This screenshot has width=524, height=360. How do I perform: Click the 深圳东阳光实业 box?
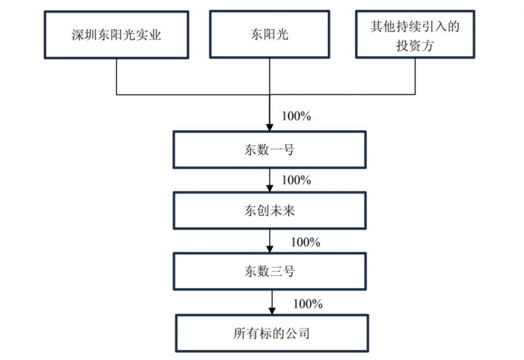(116, 35)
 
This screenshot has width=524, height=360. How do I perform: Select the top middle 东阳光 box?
(269, 34)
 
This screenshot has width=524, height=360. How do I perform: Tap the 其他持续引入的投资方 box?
(415, 34)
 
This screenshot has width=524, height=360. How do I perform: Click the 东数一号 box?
(269, 150)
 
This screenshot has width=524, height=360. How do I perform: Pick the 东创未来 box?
(269, 210)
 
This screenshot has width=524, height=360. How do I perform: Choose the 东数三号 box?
(269, 271)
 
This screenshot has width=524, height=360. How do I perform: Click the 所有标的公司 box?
(272, 333)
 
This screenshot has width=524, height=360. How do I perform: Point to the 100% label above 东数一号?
(296, 116)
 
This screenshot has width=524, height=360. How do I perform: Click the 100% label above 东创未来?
(296, 180)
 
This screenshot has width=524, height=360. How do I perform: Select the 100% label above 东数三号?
(305, 242)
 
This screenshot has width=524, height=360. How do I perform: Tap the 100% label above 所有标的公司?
(308, 304)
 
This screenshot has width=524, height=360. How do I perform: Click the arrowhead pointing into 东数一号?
(269, 127)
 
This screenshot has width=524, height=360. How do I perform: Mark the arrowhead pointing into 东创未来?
(269, 188)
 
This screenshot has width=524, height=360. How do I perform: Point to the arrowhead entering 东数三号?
(269, 249)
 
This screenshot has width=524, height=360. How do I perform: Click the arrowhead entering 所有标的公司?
(272, 311)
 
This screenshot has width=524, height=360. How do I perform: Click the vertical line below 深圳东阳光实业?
(116, 77)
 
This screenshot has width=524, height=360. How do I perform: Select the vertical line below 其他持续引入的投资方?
(415, 77)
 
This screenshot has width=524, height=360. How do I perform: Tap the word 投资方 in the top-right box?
(415, 46)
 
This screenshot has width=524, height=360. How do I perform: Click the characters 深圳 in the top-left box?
(84, 35)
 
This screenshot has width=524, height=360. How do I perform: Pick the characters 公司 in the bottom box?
(297, 333)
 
